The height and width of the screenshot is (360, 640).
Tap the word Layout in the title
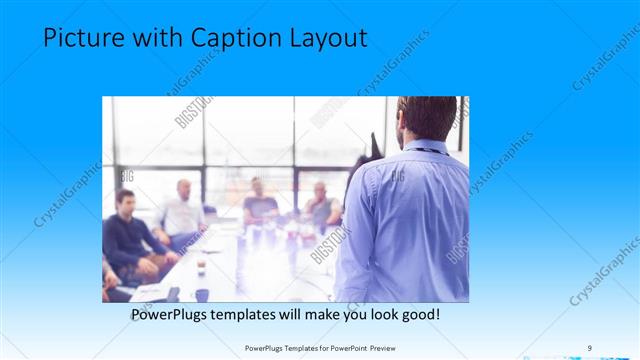coord(322,38)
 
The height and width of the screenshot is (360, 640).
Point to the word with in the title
coord(148,38)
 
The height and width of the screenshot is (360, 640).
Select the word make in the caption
coord(316,314)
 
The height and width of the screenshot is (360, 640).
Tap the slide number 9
coord(589,347)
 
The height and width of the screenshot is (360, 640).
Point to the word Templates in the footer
coord(298,348)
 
